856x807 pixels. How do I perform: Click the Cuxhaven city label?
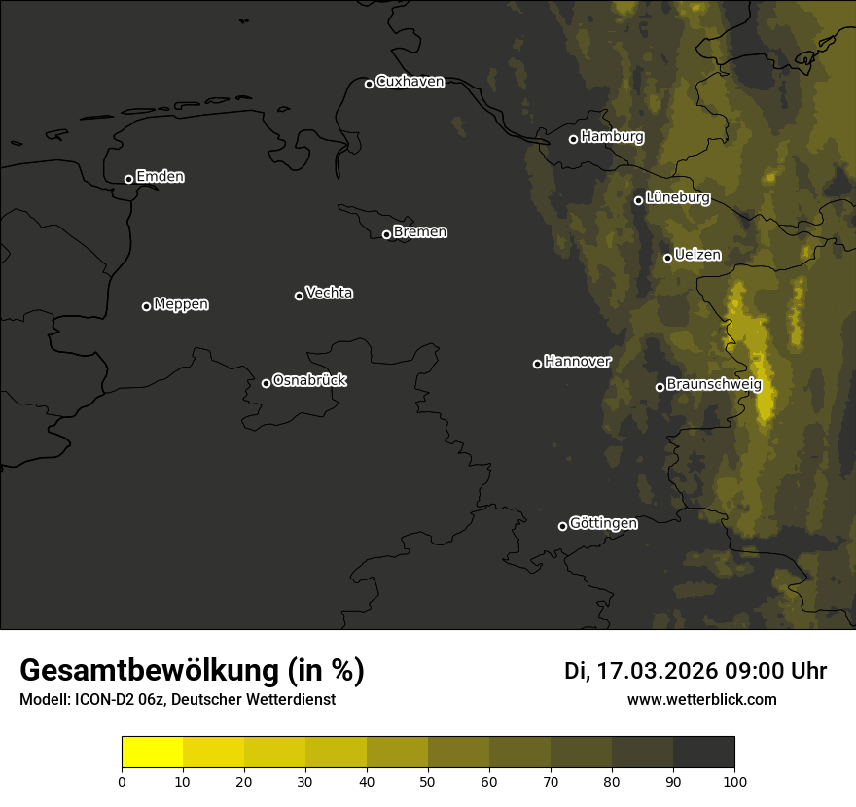410,82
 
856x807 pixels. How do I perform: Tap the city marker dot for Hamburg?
573,139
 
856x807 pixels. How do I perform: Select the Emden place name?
160,177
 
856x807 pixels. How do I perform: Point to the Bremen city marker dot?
386,234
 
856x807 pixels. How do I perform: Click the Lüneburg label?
677,198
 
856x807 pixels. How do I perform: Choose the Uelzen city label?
697,256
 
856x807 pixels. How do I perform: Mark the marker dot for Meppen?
146,306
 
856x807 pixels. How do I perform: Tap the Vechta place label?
329,293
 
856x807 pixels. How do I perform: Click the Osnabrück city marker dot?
266,383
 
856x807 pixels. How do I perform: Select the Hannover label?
578,362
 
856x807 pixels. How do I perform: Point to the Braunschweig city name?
714,385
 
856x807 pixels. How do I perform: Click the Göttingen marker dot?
562,526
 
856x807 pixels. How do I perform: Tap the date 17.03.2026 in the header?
658,671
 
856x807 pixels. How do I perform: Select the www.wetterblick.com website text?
701,700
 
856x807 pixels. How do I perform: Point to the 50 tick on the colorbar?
428,780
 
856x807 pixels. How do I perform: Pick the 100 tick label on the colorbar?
734,780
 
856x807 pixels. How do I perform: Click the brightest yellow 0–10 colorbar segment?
152,753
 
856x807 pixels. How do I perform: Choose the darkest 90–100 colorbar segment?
703,753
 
